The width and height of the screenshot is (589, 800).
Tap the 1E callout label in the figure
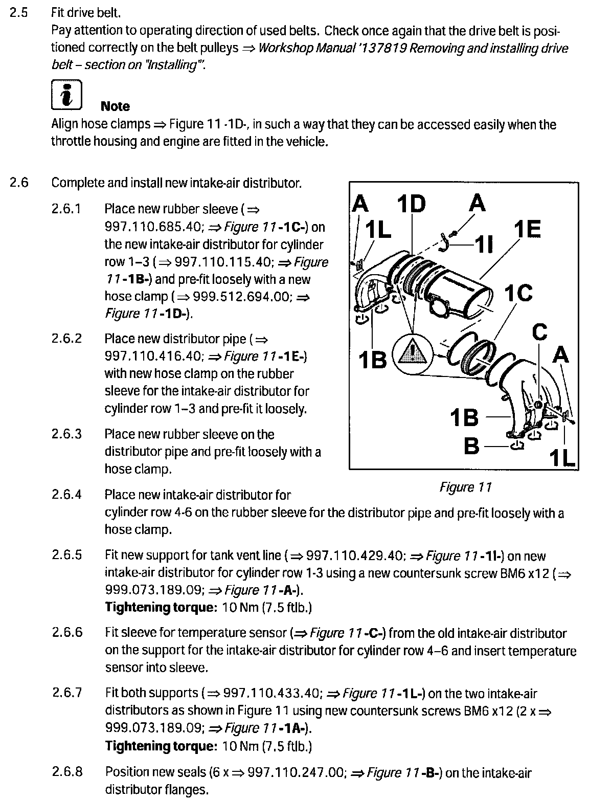click(527, 230)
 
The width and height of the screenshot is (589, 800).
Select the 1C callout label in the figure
click(518, 293)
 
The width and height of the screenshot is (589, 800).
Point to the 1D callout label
click(411, 205)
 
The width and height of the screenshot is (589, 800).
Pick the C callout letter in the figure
click(539, 332)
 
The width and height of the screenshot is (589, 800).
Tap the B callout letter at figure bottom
click(471, 446)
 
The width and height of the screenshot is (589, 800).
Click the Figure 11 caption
click(465, 487)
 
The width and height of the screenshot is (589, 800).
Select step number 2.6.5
click(66, 555)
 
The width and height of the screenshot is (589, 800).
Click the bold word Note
click(115, 106)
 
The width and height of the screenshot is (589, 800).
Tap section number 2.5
click(18, 13)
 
